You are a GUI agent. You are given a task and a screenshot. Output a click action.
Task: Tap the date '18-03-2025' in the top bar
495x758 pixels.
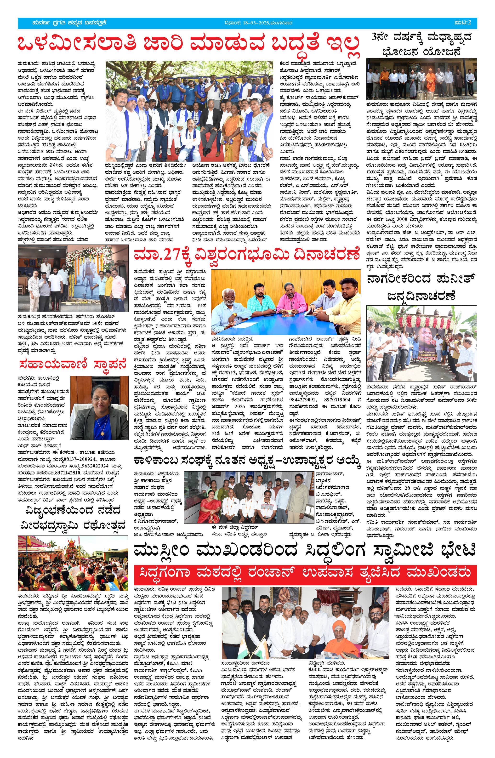[x=253, y=23]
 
